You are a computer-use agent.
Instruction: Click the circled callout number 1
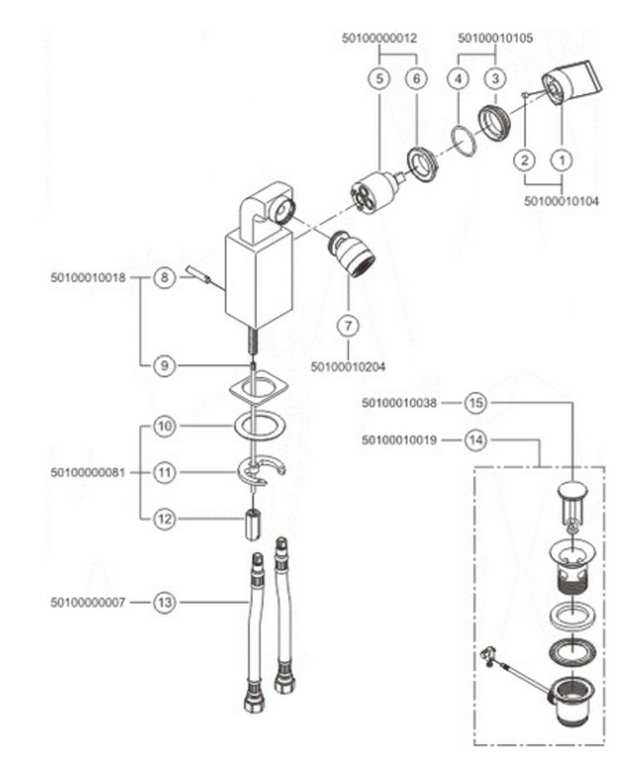pos(562,159)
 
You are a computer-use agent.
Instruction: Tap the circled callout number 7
pos(348,325)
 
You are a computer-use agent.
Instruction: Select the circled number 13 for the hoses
pos(164,602)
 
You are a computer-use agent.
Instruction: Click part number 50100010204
pos(348,367)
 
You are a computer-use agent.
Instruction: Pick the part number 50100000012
pos(379,38)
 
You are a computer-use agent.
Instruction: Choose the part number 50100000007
pos(87,602)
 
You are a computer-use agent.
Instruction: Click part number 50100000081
pos(87,473)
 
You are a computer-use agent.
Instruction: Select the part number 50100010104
pos(561,201)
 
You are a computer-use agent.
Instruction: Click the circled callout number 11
pos(164,473)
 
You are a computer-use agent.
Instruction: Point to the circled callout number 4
pos(458,79)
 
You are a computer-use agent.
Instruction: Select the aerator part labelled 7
pos(352,252)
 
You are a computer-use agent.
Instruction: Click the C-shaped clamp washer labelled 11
pos(262,472)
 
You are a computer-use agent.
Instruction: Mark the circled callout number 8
pos(164,279)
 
